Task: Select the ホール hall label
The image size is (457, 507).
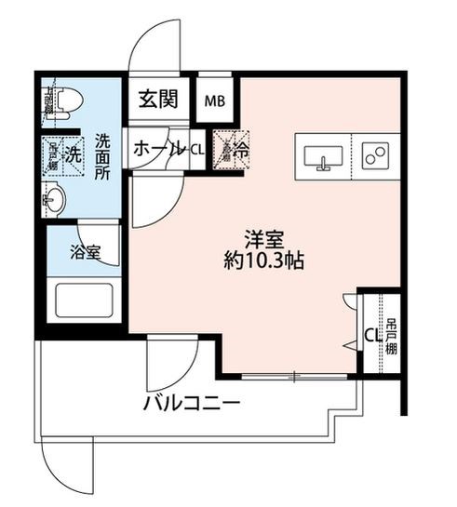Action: tap(158, 149)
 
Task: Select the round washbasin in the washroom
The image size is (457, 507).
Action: tap(54, 197)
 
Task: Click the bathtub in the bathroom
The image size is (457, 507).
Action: tap(84, 303)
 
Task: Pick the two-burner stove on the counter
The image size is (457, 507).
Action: tap(375, 155)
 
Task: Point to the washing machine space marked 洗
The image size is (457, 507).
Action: tap(71, 149)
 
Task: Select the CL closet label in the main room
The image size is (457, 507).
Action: tap(370, 334)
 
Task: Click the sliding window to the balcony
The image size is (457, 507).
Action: tap(293, 377)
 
